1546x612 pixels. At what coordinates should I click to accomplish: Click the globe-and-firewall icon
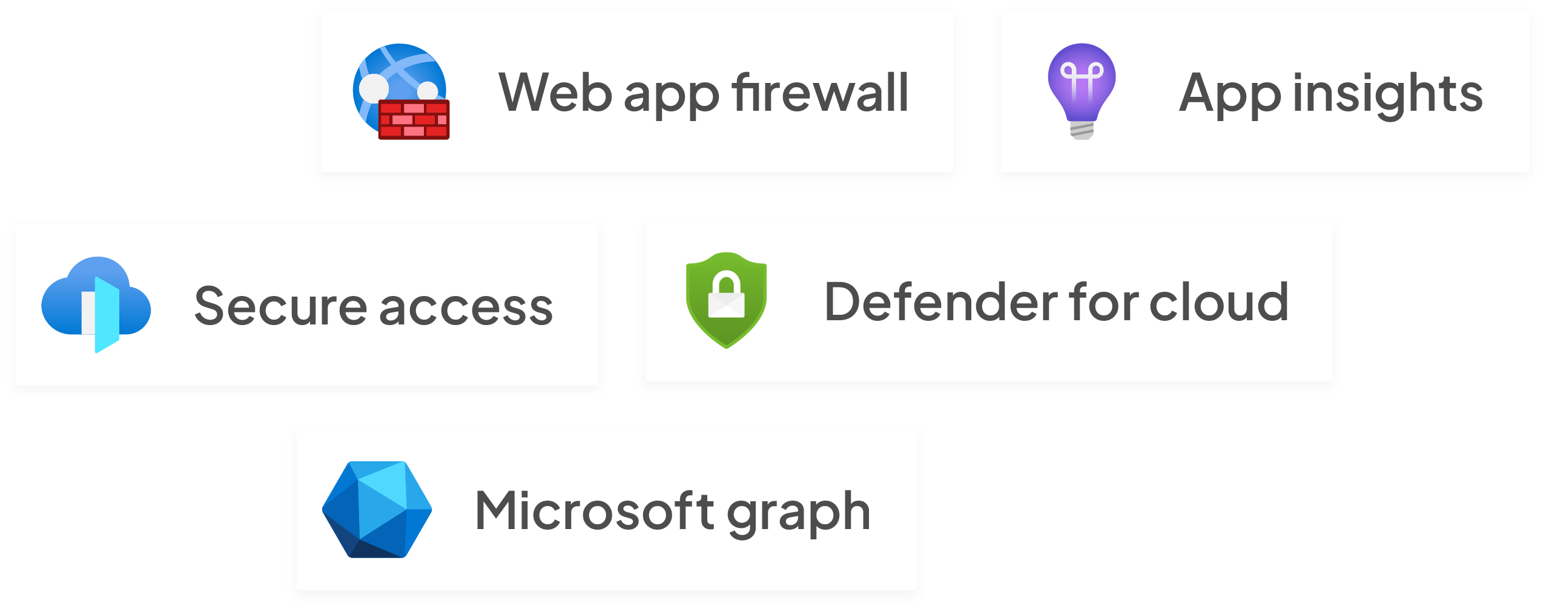coord(400,91)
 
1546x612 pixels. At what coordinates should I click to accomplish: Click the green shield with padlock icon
coord(726,300)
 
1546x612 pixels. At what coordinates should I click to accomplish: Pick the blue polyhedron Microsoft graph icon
coord(377,509)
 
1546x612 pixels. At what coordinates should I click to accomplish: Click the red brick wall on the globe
coord(414,120)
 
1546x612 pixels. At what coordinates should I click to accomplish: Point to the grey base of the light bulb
coord(1082,130)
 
